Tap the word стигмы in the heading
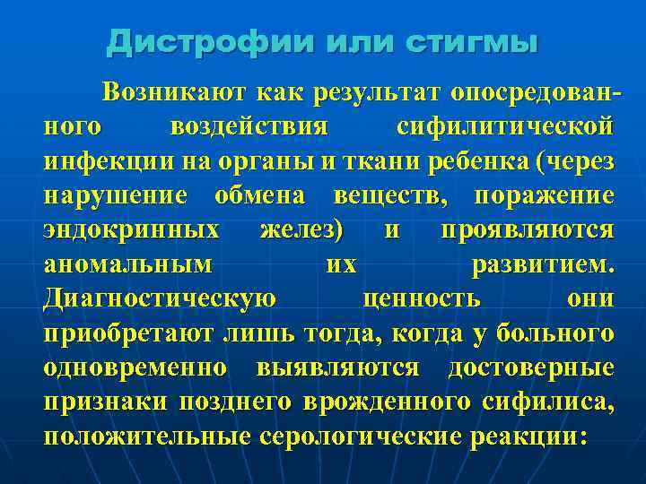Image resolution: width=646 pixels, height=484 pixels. tap(472, 42)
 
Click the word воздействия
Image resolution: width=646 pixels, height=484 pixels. tap(249, 126)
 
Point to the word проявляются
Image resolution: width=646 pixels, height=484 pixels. tap(528, 229)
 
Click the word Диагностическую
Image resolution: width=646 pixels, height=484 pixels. tap(159, 298)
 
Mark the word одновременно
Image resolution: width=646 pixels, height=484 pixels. tap(134, 367)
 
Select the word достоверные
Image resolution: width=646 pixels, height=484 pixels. tap(533, 367)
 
